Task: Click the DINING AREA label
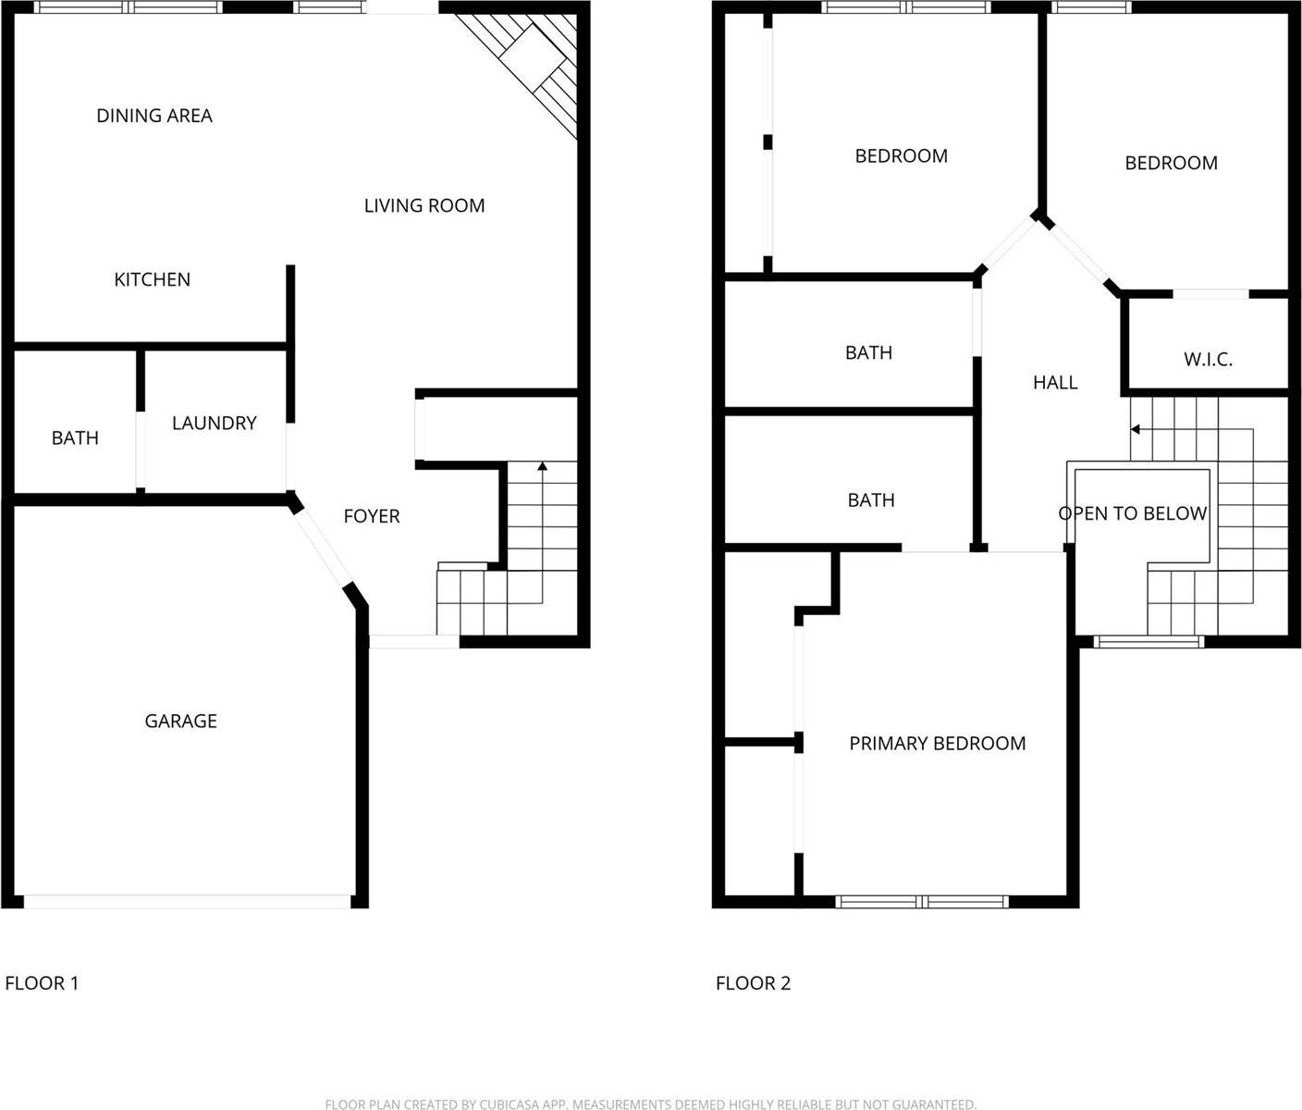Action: click(154, 116)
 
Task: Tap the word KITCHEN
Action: click(152, 279)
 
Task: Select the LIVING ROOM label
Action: click(424, 205)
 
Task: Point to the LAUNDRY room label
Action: click(214, 423)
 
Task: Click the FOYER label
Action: click(372, 516)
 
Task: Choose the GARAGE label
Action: click(180, 721)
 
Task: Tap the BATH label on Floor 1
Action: click(75, 438)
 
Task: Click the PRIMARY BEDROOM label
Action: click(937, 743)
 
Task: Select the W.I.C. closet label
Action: click(1208, 359)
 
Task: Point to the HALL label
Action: click(1055, 382)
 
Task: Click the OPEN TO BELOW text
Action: click(1133, 513)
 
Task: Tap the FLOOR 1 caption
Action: click(42, 982)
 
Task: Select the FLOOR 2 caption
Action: click(753, 982)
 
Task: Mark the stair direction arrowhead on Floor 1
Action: click(542, 465)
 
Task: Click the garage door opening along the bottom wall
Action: click(187, 901)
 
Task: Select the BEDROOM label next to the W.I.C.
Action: click(1171, 163)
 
